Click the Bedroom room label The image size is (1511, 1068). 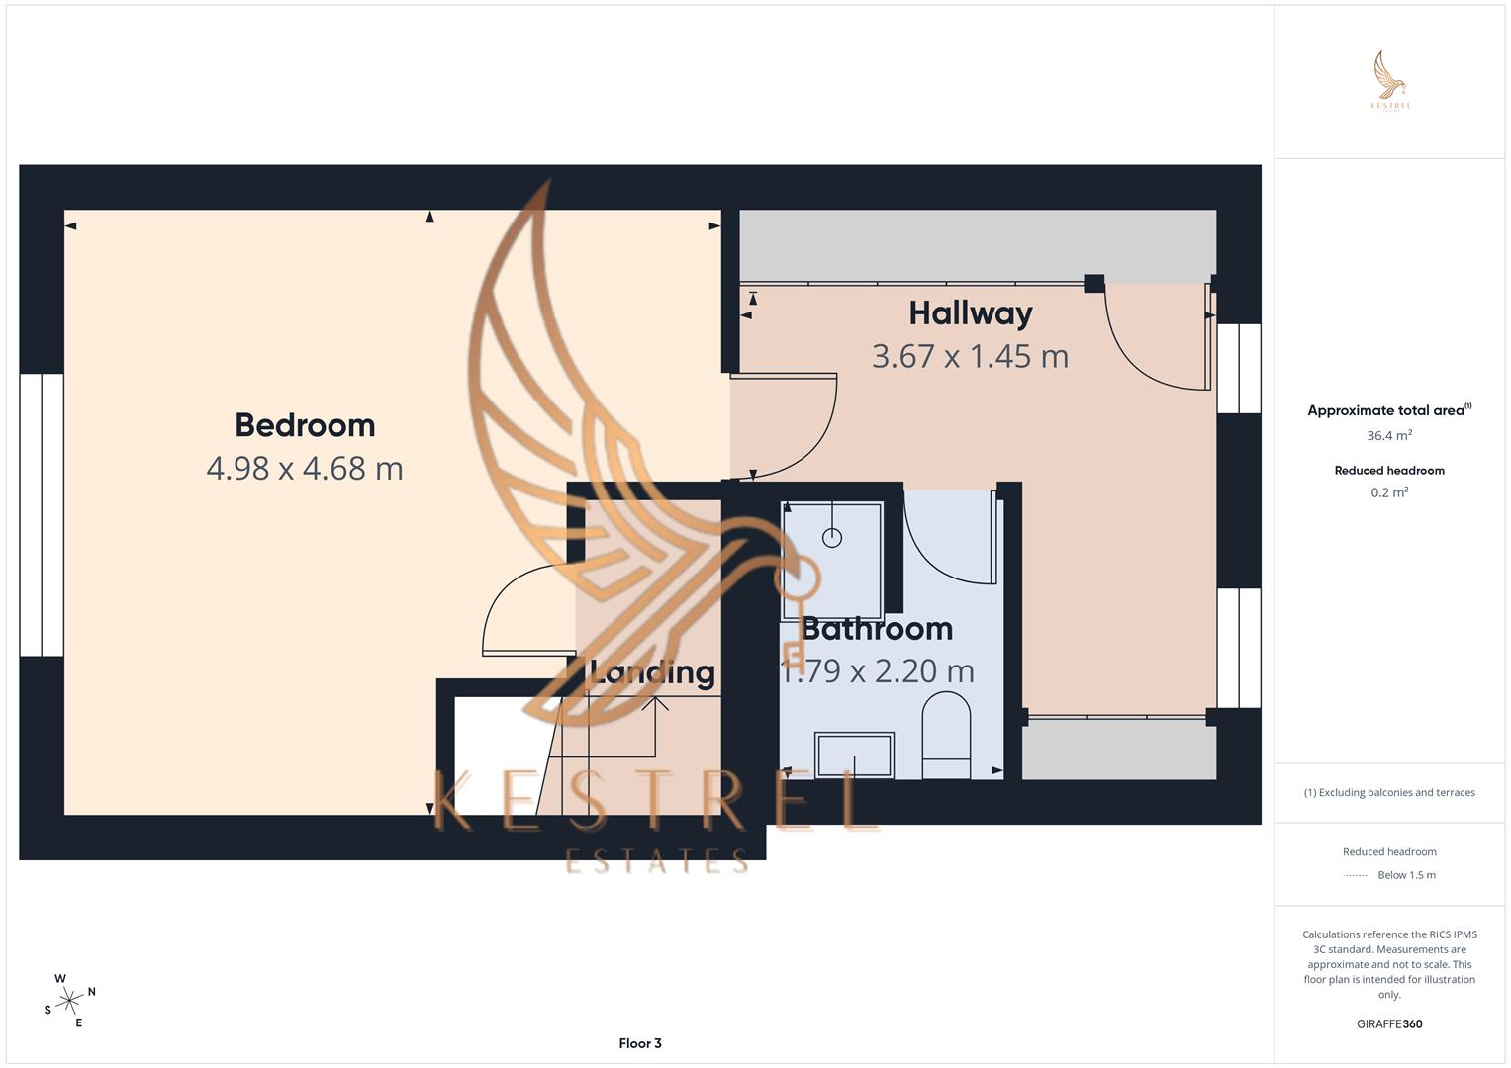(x=305, y=425)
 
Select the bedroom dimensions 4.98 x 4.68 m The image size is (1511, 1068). (x=305, y=468)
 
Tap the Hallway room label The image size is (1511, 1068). (x=970, y=313)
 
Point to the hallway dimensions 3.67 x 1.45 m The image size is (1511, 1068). (x=970, y=356)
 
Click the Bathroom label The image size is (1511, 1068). (x=877, y=629)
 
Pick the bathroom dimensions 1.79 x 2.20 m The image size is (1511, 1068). (x=877, y=671)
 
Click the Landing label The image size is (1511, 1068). (x=652, y=672)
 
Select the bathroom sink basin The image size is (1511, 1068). (x=854, y=755)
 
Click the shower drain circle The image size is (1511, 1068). (x=832, y=538)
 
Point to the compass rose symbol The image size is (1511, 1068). (x=69, y=1001)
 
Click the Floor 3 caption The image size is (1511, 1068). (x=640, y=1043)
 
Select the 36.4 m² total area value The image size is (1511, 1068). (x=1389, y=435)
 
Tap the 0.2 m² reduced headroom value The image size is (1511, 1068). (x=1389, y=492)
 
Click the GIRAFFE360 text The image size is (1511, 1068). (x=1389, y=1023)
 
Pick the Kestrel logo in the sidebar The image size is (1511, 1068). (x=1390, y=81)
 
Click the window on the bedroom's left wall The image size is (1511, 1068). (x=42, y=514)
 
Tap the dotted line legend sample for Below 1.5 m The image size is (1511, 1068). (x=1357, y=875)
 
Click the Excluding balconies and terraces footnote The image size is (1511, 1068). (x=1389, y=792)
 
